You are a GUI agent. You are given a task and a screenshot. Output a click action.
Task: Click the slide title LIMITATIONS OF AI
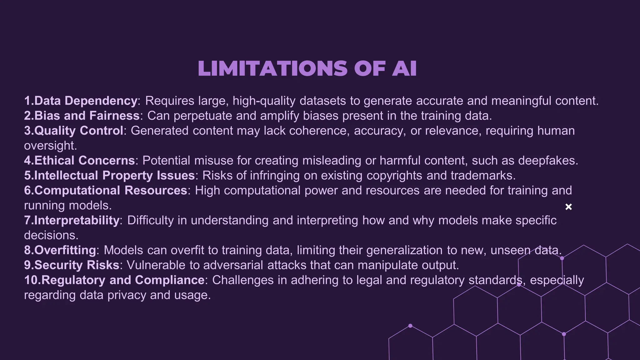[x=307, y=68]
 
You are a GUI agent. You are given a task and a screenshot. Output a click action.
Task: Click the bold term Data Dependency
[x=86, y=101]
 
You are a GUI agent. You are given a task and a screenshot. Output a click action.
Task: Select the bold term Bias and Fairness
[x=87, y=116]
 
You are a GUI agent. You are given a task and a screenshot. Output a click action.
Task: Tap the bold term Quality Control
[x=79, y=131]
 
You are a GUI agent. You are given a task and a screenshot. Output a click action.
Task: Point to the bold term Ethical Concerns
[x=84, y=161]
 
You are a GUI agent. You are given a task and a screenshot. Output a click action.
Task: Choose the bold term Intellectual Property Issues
[x=114, y=176]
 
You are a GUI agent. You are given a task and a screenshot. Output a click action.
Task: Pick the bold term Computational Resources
[x=111, y=190]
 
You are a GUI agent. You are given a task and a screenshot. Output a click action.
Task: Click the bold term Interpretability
[x=77, y=220]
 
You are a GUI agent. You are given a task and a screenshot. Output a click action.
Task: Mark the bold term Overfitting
[x=65, y=250]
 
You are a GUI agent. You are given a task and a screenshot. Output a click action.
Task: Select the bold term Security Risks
[x=77, y=265]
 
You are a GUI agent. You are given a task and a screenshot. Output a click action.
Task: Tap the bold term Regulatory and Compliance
[x=123, y=280]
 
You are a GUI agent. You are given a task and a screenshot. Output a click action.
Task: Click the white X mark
[x=568, y=207]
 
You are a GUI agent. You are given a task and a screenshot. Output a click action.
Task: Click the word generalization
[x=404, y=250]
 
